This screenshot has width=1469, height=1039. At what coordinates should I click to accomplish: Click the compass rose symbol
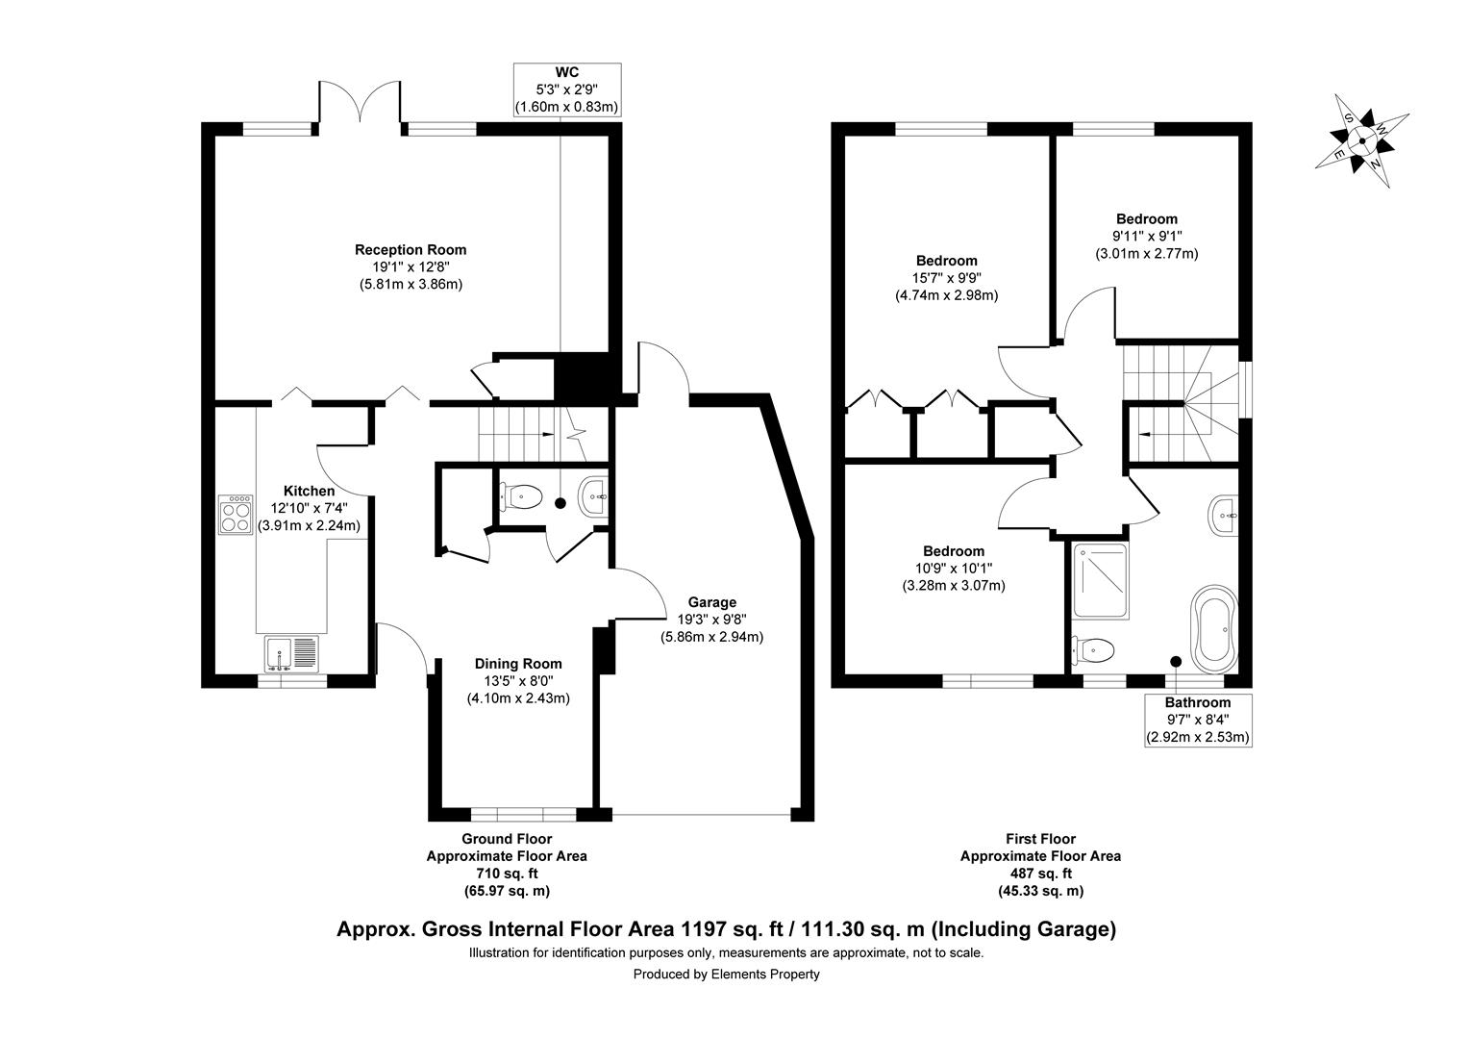coord(1362,140)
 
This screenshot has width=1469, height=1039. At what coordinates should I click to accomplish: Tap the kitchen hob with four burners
coord(236,515)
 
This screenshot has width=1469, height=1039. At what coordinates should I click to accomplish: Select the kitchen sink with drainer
coord(292,654)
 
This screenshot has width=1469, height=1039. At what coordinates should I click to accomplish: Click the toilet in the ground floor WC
coord(521,496)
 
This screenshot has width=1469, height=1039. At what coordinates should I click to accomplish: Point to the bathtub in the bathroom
coord(1215,629)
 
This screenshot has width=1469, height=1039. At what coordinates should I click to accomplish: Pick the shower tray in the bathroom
coord(1101,581)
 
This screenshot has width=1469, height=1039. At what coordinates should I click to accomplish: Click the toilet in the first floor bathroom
coord(1092,650)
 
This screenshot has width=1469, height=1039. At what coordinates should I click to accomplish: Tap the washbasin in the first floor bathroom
coord(1223,516)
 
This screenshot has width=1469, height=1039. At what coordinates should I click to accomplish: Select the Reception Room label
coord(411,249)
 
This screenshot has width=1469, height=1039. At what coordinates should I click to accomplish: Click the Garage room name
coord(712,602)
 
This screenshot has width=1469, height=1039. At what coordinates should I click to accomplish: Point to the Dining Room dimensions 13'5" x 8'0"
coord(518,681)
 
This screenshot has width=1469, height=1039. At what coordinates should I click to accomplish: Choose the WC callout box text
coord(567,89)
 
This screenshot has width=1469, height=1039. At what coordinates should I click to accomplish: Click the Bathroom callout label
coord(1198,702)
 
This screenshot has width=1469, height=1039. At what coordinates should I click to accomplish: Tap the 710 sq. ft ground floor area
coord(507,874)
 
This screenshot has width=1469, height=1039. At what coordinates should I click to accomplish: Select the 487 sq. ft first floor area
coord(1041,874)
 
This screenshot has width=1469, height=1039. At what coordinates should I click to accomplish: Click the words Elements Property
coord(765,974)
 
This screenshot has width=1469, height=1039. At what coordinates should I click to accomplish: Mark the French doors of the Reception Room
coord(360,102)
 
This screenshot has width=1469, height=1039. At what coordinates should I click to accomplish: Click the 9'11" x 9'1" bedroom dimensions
coord(1147,237)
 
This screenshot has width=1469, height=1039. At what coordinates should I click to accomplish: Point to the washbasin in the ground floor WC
coord(593,496)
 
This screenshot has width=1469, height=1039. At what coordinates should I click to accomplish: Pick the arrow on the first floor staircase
coord(1146,434)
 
